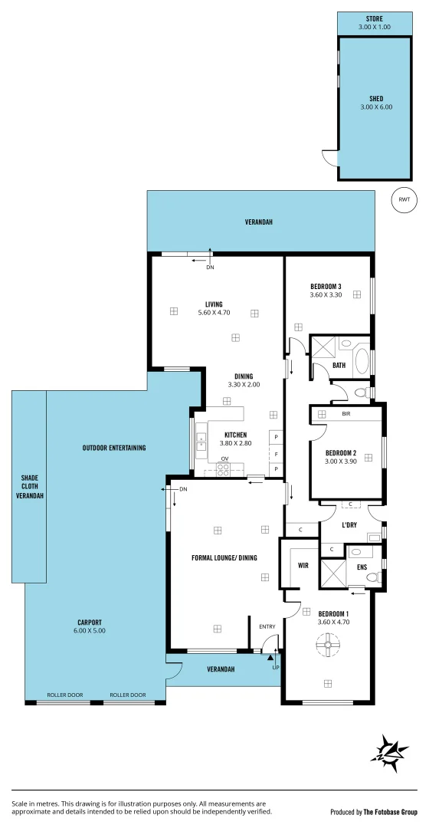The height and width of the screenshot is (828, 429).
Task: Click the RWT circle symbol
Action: point(404,200)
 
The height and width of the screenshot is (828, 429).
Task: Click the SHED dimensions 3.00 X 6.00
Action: point(375,107)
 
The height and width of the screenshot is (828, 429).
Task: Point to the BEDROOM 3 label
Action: point(326,287)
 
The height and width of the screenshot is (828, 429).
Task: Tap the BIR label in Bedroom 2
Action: point(346,413)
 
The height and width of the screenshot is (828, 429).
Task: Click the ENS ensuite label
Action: point(361,567)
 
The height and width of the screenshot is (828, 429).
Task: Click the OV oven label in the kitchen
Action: point(224,460)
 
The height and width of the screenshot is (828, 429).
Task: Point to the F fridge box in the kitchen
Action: point(275,453)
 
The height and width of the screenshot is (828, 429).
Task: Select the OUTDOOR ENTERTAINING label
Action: point(114,448)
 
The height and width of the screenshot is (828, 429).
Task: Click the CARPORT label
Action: point(90,622)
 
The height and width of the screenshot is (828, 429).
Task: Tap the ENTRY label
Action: point(267,627)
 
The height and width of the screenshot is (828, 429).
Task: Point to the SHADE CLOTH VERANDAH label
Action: point(29,487)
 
